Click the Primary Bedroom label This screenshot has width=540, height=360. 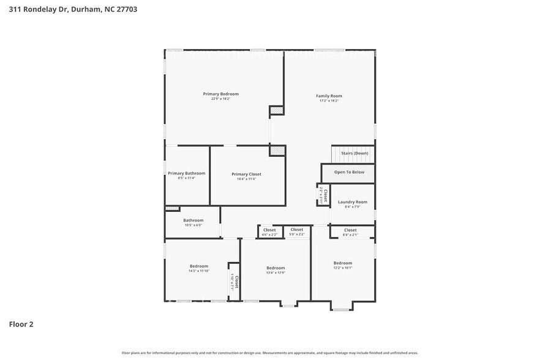(220, 94)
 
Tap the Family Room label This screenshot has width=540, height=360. (329, 96)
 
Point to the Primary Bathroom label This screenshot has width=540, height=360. (187, 173)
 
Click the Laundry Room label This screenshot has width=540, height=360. (352, 202)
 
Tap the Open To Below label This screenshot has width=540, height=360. (349, 172)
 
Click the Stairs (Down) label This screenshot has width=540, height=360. (354, 153)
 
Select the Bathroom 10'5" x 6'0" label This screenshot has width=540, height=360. (193, 220)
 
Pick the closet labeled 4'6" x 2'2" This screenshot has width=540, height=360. (269, 232)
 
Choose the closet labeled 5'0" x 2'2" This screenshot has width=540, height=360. (296, 231)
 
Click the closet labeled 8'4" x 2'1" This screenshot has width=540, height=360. (350, 232)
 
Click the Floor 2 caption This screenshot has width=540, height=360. (21, 324)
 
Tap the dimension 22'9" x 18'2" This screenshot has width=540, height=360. (220, 99)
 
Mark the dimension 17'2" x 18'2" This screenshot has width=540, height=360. (329, 100)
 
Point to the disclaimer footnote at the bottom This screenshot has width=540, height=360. (269, 353)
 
